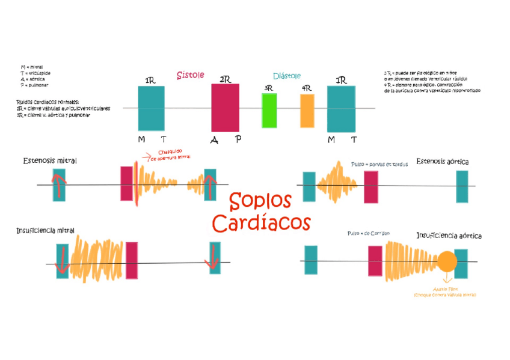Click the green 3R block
(x=269, y=111)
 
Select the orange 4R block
(x=307, y=111)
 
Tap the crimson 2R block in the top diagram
(x=225, y=108)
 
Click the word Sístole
(x=190, y=75)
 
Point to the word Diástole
(x=287, y=76)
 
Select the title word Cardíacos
(x=261, y=222)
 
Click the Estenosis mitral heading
(x=50, y=161)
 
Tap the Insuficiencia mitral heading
(x=46, y=230)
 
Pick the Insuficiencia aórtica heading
(x=449, y=236)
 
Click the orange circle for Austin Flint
(x=447, y=261)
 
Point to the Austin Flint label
(x=445, y=289)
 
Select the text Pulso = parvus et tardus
(x=379, y=164)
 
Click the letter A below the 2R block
(x=214, y=140)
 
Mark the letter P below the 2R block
(x=238, y=139)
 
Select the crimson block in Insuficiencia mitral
(x=132, y=261)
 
